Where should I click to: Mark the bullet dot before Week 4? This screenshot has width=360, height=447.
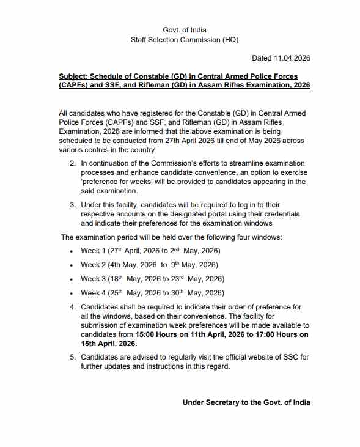(x=72, y=293)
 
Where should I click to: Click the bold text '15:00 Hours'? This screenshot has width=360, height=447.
(x=152, y=334)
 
